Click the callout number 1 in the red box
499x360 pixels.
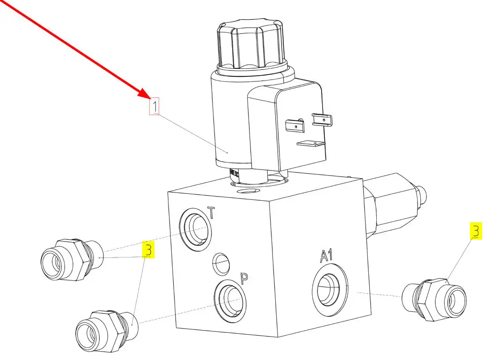(154, 106)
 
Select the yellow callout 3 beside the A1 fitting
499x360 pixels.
(476, 231)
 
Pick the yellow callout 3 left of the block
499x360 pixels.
(148, 250)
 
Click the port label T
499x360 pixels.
(211, 213)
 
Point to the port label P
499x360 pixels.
(244, 279)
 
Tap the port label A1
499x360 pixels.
(327, 256)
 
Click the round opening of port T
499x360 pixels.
(196, 230)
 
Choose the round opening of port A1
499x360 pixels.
(330, 289)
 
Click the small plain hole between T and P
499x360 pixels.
(221, 264)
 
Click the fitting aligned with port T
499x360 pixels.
(72, 260)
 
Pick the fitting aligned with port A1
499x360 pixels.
(434, 300)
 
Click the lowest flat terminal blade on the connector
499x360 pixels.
(311, 144)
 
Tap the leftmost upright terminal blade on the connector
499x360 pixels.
(295, 125)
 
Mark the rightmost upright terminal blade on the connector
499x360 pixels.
(322, 120)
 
